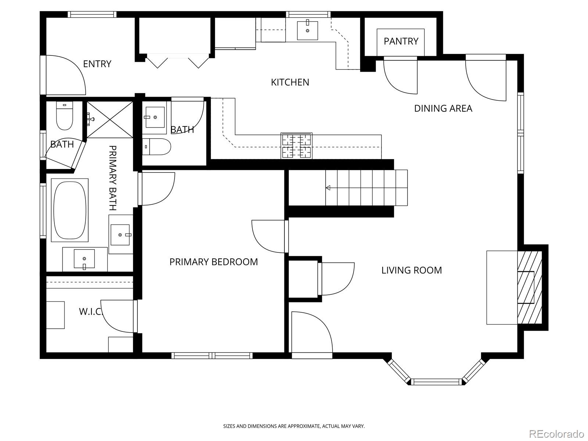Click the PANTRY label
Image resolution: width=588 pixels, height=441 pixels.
tap(401, 41)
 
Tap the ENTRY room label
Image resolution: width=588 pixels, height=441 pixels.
tap(97, 64)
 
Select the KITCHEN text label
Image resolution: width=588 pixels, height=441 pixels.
tap(290, 82)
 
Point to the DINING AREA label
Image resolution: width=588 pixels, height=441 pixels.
tap(443, 108)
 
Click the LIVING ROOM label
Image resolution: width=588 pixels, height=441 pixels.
tap(412, 270)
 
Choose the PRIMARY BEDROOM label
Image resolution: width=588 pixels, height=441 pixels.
tap(214, 262)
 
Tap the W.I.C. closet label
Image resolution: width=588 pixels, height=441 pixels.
tap(90, 311)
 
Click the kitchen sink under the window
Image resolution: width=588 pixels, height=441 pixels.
tap(307, 30)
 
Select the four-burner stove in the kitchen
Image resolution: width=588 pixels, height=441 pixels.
tap(296, 146)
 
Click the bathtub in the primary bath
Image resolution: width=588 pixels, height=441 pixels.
tap(70, 211)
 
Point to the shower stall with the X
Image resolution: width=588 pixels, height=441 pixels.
tap(110, 119)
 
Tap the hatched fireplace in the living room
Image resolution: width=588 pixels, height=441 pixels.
tap(530, 288)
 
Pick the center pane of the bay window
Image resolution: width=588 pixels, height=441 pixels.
tap(437, 381)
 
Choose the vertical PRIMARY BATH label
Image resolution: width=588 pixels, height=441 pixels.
tap(113, 178)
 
